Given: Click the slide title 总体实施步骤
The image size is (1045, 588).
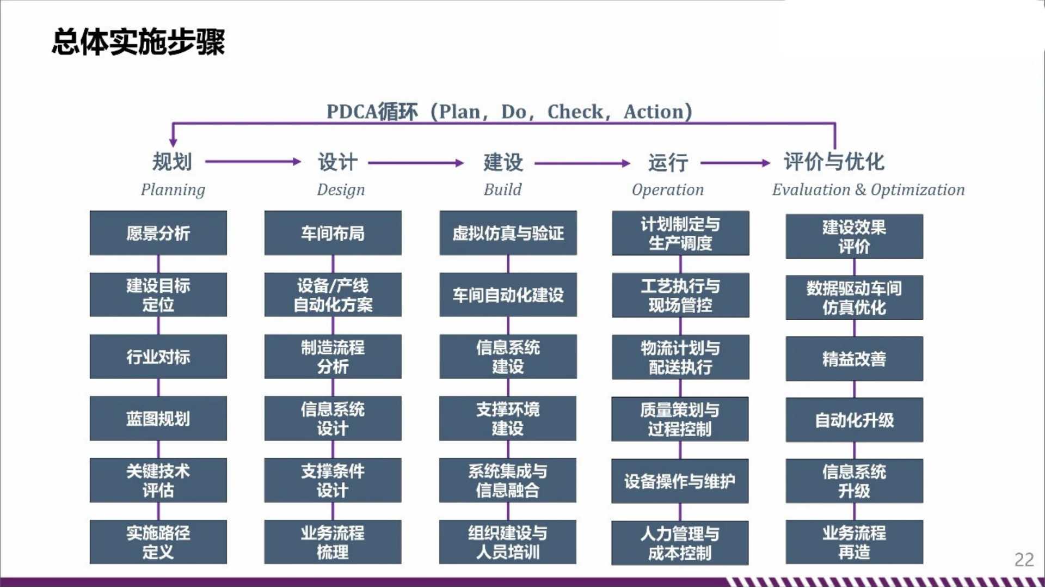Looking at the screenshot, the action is point(138,42).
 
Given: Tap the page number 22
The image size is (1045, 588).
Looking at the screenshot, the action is point(1024,559).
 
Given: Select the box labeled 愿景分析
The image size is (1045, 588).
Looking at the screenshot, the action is point(158,233).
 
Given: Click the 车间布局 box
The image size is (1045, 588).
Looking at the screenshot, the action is point(333,233).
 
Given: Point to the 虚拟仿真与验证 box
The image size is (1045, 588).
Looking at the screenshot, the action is point(508,233).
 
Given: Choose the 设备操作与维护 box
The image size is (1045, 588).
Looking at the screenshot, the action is point(680,481).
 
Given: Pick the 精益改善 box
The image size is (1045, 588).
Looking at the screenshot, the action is point(855,359).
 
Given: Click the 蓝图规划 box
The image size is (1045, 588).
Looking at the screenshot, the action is point(158,418).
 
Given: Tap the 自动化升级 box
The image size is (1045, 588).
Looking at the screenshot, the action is point(855,420).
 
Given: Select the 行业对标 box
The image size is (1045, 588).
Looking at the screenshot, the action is point(158,357).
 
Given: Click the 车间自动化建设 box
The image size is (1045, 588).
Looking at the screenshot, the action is point(508,295).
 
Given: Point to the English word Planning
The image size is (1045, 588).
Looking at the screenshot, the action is point(173,190).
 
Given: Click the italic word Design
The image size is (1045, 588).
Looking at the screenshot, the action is point(341,190).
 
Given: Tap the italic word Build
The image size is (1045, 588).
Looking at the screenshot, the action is point(503,189).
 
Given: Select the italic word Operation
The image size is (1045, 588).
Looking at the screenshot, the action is point(668,190).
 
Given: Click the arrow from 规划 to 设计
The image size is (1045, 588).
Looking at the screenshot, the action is point(253,162).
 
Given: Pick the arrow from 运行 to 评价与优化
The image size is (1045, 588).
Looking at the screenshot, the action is point(735,163).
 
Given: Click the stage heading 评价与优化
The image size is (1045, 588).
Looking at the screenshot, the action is point(834,162).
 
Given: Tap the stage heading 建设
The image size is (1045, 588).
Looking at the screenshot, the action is point(503,162).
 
